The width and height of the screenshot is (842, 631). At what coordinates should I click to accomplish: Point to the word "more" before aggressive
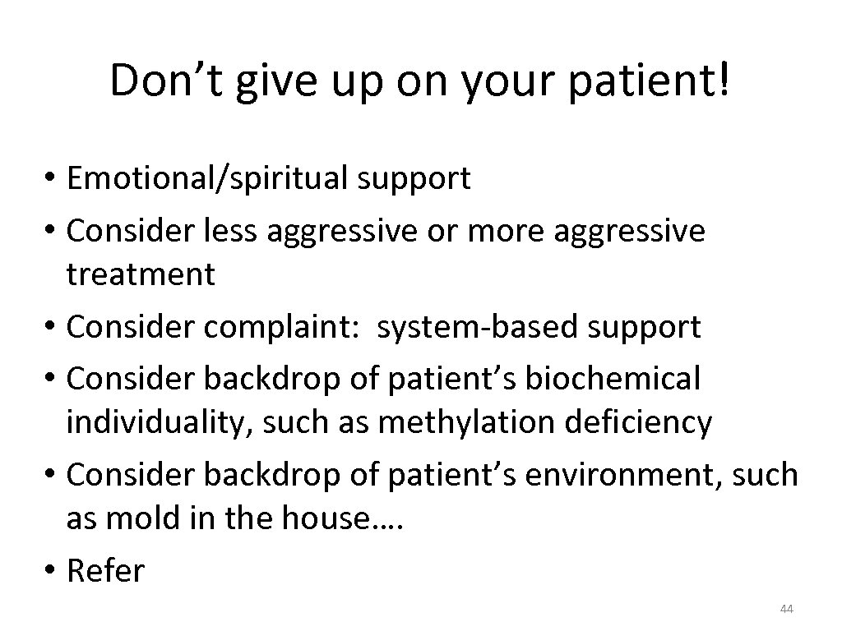[x=498, y=232]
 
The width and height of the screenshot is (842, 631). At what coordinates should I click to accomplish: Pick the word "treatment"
[x=141, y=274]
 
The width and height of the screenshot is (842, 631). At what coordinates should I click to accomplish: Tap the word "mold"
[x=144, y=518]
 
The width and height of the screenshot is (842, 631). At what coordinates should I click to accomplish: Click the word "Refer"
[x=106, y=570]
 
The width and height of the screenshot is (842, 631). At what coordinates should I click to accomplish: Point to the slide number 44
[x=786, y=609]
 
